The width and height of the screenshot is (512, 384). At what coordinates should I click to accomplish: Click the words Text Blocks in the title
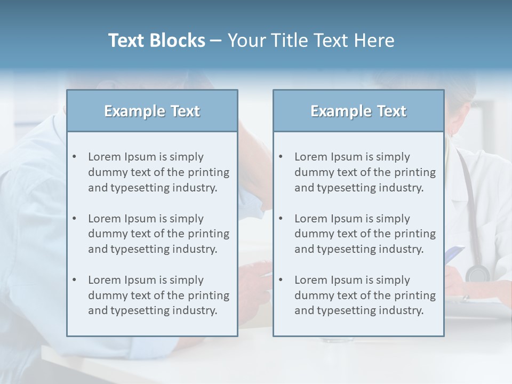tap(156, 41)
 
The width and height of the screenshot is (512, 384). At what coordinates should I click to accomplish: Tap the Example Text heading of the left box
tap(152, 111)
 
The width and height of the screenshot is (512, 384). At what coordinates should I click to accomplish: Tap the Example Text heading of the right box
tap(358, 111)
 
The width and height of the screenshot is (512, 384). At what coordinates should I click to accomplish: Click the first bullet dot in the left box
tap(74, 157)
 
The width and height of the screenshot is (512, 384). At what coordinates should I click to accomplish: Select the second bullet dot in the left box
tap(74, 219)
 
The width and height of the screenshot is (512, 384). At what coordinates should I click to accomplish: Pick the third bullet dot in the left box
tap(74, 280)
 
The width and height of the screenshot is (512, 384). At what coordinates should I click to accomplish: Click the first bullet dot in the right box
tap(281, 157)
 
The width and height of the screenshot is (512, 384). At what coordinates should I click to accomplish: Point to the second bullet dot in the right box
tap(281, 219)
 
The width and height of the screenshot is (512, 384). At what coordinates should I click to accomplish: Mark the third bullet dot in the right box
tap(281, 280)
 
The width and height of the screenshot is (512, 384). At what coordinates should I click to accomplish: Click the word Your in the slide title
tap(244, 41)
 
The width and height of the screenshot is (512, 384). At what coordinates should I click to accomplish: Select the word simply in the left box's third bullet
tap(186, 280)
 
